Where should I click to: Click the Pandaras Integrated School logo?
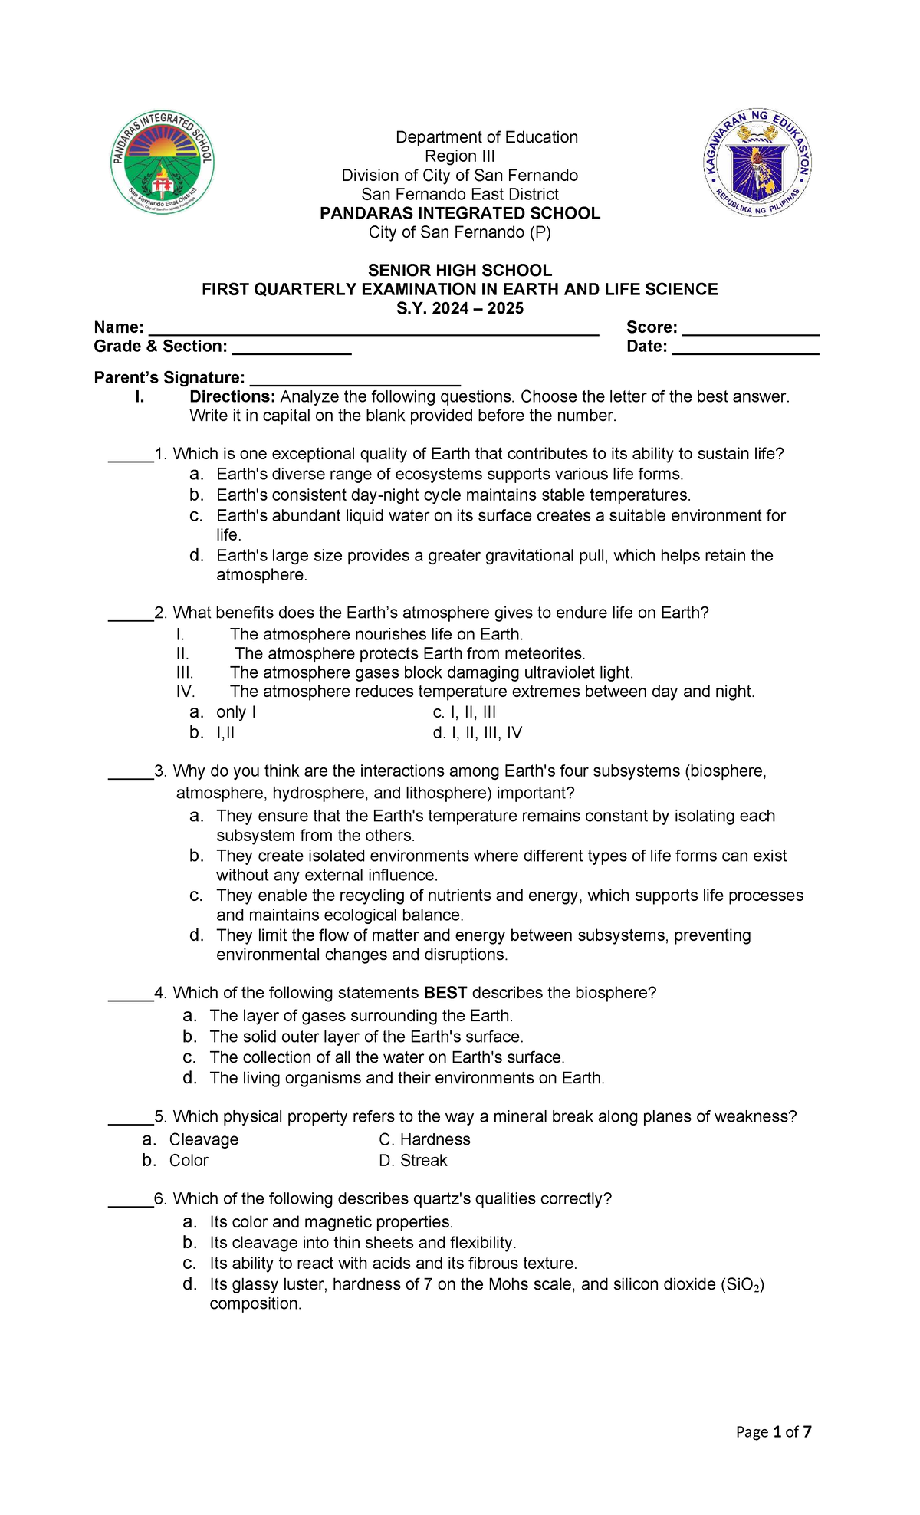click(162, 163)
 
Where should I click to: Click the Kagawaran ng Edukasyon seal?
click(757, 163)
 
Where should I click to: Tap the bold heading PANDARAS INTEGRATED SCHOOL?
click(460, 213)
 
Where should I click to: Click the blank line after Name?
click(373, 330)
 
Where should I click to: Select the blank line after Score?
click(751, 330)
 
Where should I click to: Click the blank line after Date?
click(745, 349)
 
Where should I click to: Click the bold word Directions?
click(232, 397)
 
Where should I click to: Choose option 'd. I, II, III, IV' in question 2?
click(477, 733)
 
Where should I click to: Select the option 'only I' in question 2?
click(235, 712)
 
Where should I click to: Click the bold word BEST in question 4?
click(445, 993)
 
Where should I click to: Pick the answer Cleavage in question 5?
click(203, 1139)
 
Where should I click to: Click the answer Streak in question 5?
click(423, 1161)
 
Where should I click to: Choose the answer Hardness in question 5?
click(435, 1139)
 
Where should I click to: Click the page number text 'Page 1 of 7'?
click(773, 1432)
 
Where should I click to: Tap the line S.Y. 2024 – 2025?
click(460, 308)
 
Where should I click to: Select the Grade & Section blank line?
click(291, 349)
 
